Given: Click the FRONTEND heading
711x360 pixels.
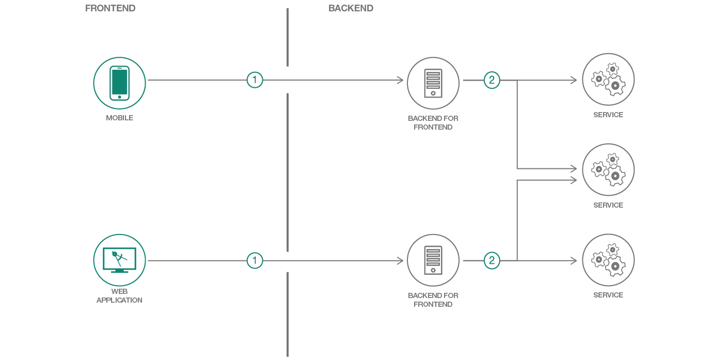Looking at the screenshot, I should click(x=110, y=8).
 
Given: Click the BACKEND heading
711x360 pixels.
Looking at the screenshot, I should click(x=351, y=8).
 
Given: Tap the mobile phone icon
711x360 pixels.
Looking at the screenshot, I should click(x=119, y=83).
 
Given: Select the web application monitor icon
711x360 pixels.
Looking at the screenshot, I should click(x=119, y=260).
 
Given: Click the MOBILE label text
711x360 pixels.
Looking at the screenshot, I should click(x=119, y=118).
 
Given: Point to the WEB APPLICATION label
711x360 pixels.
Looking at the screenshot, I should click(x=119, y=295).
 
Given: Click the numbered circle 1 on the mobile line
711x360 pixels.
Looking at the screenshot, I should click(x=255, y=80).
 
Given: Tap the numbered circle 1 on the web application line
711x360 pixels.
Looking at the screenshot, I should click(x=255, y=261).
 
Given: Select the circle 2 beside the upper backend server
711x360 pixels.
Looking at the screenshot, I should click(x=492, y=80).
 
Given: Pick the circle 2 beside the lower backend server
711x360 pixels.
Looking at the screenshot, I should click(x=492, y=261).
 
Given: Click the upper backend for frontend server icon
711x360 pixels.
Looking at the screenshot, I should click(x=433, y=83).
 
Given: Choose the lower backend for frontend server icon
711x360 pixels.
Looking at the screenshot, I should click(x=433, y=260).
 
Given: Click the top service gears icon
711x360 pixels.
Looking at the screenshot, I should click(x=608, y=80).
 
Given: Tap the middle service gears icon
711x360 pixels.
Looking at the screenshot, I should click(x=608, y=170).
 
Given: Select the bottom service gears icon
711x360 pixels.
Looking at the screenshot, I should click(x=608, y=260).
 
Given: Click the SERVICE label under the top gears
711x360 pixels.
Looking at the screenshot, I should click(x=608, y=115).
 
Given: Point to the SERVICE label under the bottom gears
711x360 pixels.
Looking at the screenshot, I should click(x=608, y=295).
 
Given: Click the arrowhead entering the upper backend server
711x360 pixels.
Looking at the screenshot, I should click(x=400, y=80).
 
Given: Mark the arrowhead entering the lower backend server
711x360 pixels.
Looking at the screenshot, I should click(x=400, y=261).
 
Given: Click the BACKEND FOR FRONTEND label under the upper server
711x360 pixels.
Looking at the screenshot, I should click(x=433, y=122).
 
